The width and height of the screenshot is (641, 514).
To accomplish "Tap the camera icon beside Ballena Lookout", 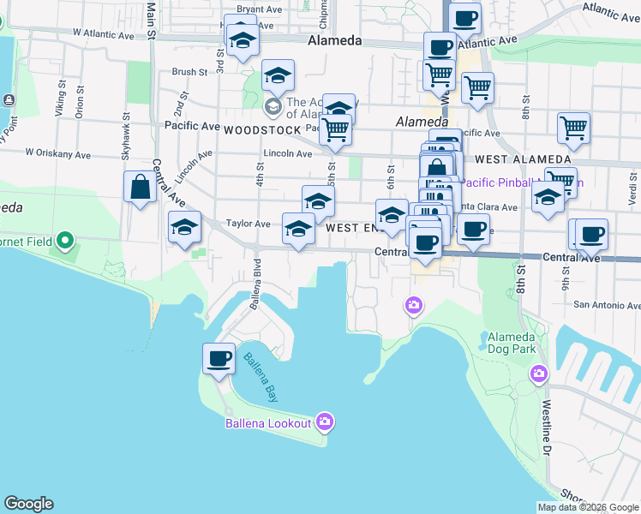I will [325, 421].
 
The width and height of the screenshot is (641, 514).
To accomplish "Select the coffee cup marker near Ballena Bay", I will [219, 358].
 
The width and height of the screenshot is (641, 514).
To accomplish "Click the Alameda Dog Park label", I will [511, 342].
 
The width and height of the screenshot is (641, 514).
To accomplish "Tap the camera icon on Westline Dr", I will [539, 373].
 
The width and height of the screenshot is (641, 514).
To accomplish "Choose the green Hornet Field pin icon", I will [64, 242].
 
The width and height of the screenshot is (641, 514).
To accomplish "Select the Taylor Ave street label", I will [249, 224].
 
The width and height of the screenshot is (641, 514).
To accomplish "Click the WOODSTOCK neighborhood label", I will [262, 130].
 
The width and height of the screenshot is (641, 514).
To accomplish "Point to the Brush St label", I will [190, 73].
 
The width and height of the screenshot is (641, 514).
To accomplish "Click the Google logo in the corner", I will [28, 504].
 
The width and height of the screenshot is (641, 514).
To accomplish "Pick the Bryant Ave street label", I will [260, 9].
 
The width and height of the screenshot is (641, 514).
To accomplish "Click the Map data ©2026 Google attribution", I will [589, 507].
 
